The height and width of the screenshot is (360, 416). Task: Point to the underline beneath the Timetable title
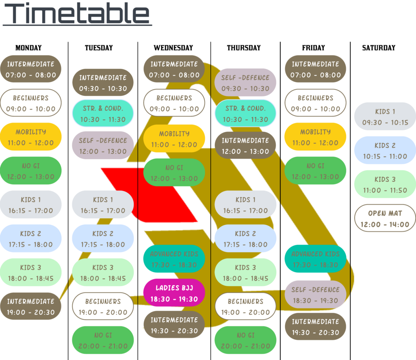[x=77, y=26]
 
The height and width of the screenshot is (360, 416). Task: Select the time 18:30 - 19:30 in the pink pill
[x=174, y=299]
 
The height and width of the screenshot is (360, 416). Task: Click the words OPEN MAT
[x=385, y=213]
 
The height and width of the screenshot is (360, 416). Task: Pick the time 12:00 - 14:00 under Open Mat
[x=385, y=224]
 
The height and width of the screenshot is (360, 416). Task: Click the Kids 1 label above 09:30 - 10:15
[x=385, y=112]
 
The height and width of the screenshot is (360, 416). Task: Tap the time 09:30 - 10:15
[x=385, y=123]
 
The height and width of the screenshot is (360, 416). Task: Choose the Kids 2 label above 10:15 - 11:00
[x=385, y=145]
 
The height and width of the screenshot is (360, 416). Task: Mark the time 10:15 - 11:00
[x=385, y=156]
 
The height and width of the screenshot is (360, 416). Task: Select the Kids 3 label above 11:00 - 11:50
[x=385, y=179]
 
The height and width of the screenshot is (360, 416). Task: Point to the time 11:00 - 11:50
[x=385, y=190]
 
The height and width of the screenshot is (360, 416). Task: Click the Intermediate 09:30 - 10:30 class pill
[x=103, y=83]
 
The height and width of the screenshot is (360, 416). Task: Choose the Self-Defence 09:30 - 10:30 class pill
[x=245, y=83]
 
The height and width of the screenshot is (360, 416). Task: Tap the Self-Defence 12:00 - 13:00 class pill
[x=103, y=145]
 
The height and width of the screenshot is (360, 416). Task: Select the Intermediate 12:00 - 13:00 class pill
[x=245, y=145]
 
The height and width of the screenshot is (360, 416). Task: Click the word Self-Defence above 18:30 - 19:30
[x=315, y=290]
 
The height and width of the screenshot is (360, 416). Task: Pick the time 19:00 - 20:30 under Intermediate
[x=30, y=313]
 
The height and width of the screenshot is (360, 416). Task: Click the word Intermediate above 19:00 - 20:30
[x=30, y=302]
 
